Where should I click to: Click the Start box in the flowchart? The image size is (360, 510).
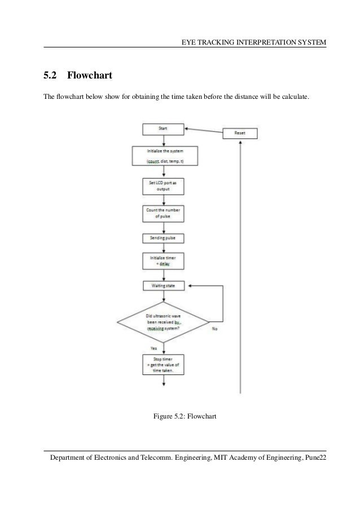tap(163, 129)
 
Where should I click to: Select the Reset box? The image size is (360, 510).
tap(240, 134)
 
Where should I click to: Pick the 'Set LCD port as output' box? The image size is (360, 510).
tap(164, 186)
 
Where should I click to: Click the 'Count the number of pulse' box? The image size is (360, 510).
tap(164, 213)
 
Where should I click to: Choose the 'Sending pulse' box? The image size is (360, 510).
tap(164, 238)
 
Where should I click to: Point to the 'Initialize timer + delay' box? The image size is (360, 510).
tap(164, 261)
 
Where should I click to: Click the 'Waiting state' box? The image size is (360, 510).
tap(164, 286)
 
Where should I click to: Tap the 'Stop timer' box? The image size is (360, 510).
tap(164, 365)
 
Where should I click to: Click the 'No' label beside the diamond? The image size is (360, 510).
tap(215, 329)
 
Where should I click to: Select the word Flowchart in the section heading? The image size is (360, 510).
tap(90, 75)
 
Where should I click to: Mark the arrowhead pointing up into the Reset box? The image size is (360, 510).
tap(241, 143)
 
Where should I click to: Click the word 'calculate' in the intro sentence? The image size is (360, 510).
tap(294, 97)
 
